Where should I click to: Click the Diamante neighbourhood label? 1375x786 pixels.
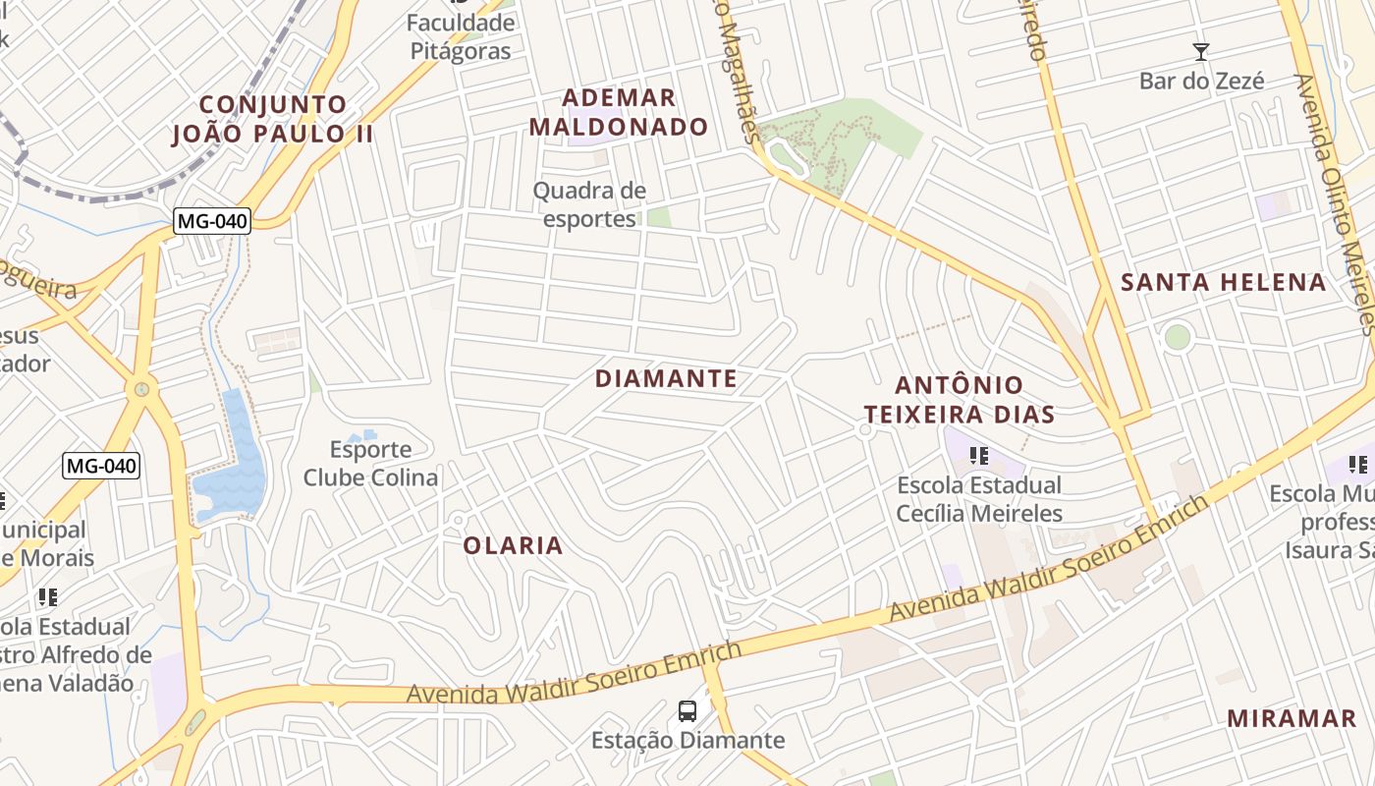click(666, 378)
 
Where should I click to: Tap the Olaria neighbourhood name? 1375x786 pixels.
click(513, 545)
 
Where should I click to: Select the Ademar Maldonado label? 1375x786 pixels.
click(633, 112)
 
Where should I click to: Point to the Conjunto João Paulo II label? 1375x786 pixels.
click(273, 119)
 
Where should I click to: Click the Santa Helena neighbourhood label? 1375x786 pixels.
click(1224, 283)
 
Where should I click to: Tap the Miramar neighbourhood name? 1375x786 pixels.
click(1292, 718)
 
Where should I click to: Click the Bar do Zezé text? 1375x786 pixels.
click(1201, 81)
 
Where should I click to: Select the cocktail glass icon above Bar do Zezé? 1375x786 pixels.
click(1200, 51)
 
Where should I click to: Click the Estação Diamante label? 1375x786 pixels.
click(687, 740)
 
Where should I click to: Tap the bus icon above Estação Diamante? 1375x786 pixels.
click(687, 710)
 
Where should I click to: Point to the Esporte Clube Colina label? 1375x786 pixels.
click(370, 464)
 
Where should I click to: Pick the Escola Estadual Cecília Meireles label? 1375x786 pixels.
click(979, 499)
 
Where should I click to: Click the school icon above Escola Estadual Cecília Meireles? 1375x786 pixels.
click(978, 455)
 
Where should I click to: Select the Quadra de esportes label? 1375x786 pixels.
click(589, 204)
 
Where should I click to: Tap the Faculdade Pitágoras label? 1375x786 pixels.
click(461, 36)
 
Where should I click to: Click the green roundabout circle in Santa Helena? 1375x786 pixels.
click(1177, 337)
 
